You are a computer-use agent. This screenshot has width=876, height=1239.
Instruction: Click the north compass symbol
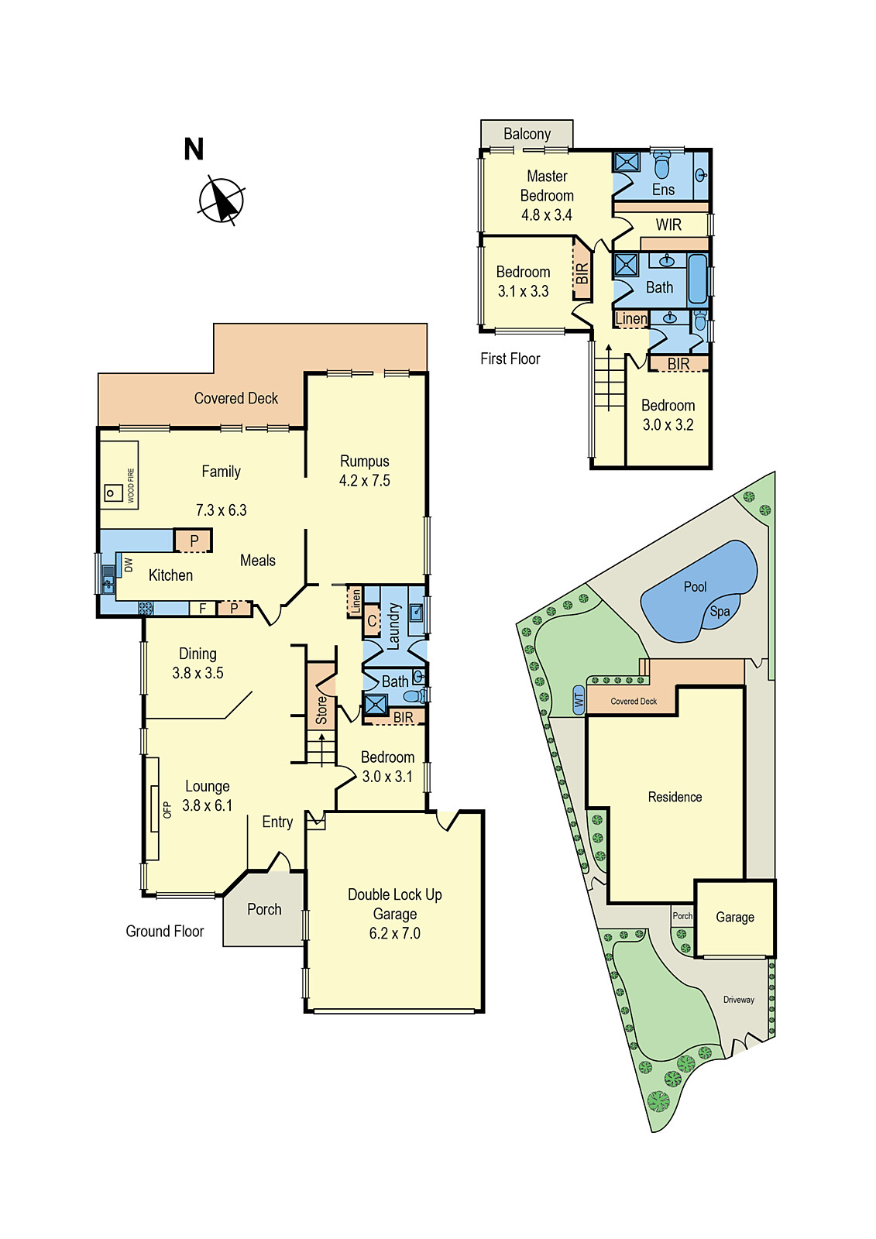pyautogui.click(x=222, y=201)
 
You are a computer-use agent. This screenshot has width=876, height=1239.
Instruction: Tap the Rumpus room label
pyautogui.click(x=364, y=462)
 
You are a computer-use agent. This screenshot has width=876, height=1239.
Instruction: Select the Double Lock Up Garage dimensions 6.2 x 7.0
pyautogui.click(x=394, y=934)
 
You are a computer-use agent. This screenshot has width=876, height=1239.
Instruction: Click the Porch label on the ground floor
pyautogui.click(x=264, y=909)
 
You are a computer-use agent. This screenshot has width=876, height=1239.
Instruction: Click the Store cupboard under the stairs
pyautogui.click(x=321, y=709)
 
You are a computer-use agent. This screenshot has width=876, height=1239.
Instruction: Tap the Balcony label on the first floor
pyautogui.click(x=527, y=134)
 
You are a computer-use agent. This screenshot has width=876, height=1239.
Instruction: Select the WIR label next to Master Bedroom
pyautogui.click(x=668, y=225)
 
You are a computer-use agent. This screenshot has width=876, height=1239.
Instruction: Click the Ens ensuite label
pyautogui.click(x=663, y=190)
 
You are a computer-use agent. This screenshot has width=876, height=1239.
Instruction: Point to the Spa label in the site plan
pyautogui.click(x=720, y=612)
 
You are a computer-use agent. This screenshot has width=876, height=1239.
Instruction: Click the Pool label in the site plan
pyautogui.click(x=695, y=587)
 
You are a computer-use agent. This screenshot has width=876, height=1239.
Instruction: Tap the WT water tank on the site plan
pyautogui.click(x=579, y=701)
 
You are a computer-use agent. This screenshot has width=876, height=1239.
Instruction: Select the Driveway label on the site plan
pyautogui.click(x=738, y=1000)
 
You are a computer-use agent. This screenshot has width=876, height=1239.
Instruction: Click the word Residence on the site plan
pyautogui.click(x=675, y=797)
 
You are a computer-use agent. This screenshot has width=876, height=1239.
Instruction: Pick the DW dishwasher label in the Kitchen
pyautogui.click(x=129, y=565)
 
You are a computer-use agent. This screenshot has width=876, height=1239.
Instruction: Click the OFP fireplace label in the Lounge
pyautogui.click(x=167, y=810)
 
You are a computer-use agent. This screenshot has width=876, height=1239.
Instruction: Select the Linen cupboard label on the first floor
pyautogui.click(x=630, y=318)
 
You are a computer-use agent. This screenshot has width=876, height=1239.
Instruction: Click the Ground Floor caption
pyautogui.click(x=164, y=932)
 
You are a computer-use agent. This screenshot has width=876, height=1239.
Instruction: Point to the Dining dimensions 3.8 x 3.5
pyautogui.click(x=198, y=674)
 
